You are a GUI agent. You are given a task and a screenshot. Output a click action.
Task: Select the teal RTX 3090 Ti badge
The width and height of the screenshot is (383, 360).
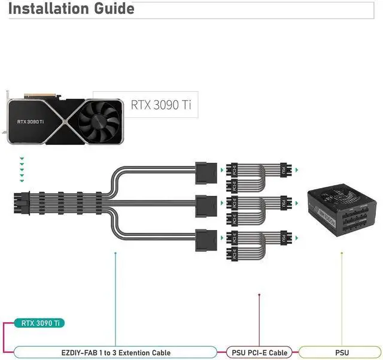coord(40,323)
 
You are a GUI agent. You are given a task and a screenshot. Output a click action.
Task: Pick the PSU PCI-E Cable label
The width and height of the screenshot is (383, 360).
coord(260,352)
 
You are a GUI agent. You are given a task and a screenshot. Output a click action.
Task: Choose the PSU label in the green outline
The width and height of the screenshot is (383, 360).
coord(342,352)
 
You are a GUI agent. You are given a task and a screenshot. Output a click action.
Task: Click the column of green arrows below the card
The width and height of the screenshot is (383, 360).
coord(22,170)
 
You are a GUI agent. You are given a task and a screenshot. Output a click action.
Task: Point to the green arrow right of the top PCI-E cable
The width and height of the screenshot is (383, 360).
coord(296,171)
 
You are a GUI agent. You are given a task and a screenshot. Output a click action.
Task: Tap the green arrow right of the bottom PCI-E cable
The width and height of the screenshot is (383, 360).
coord(296,238)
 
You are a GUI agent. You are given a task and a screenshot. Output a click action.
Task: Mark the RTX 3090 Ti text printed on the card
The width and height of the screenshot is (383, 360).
coord(31,121)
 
